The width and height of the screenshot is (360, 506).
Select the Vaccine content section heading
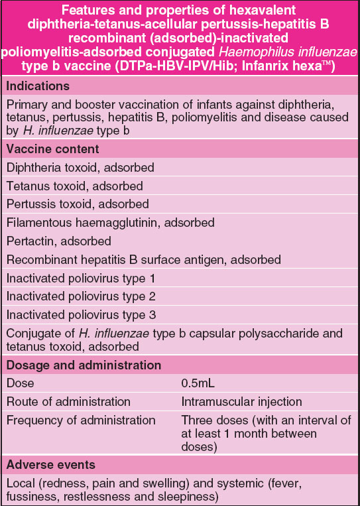pos(52,149)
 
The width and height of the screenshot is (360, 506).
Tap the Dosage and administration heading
pos(83,365)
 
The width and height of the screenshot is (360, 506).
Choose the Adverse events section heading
pos(50,465)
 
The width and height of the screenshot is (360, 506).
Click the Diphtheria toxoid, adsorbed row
pos(80,168)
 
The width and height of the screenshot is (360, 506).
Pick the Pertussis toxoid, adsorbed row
pos(78,204)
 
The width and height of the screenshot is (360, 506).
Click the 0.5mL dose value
pos(198,384)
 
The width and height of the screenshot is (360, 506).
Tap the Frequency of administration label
pos(80,420)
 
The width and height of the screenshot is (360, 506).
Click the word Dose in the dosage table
pos(19,384)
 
